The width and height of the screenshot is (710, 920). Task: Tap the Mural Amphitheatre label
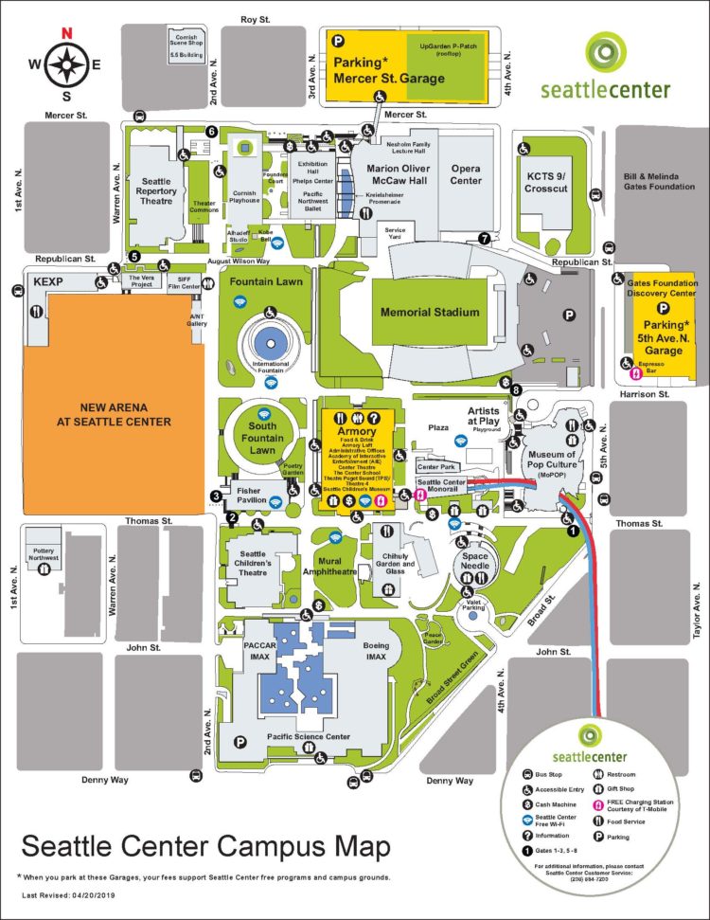(329, 567)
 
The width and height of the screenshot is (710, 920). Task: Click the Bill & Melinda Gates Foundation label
(659, 181)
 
